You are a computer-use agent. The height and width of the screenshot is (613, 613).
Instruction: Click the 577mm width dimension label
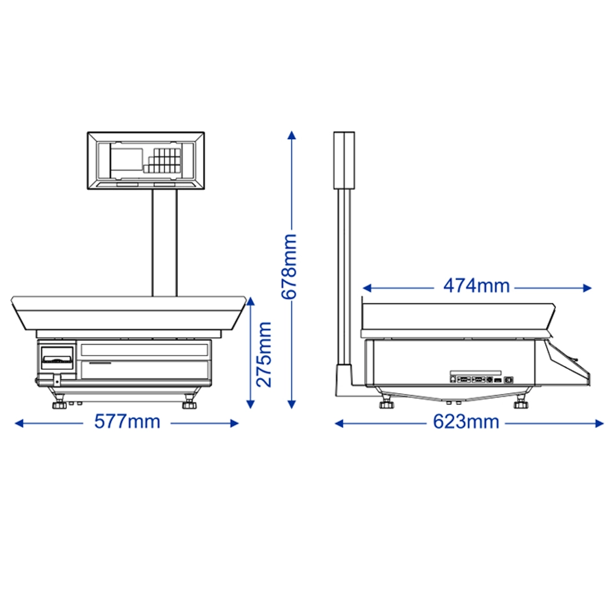pos(128,422)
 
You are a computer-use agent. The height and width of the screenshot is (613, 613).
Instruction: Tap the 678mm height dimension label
pos(289,267)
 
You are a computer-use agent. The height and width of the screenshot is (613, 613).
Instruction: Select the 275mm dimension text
pos(264,354)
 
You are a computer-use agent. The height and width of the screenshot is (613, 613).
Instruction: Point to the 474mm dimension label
pos(476,286)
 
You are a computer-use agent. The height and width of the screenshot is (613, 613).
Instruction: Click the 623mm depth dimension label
pos(466,422)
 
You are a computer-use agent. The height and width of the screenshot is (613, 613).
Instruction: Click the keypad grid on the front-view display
pos(163,160)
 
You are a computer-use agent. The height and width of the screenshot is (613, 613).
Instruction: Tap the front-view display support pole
pos(164,243)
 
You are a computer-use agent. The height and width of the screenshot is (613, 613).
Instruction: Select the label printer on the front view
pos(57,358)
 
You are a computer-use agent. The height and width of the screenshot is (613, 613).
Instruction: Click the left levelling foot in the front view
pos(59,403)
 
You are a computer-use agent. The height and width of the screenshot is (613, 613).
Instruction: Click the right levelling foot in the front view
pos(189,403)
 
